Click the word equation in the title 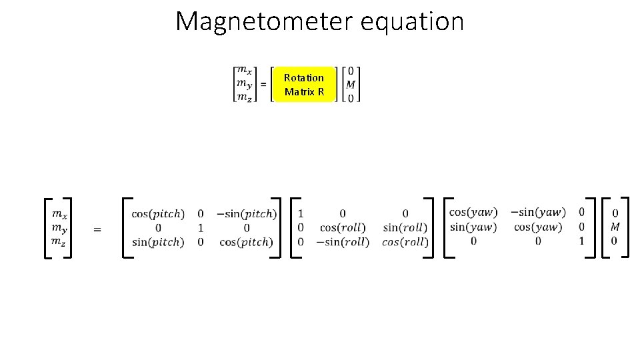(412, 21)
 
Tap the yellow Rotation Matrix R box (304, 85)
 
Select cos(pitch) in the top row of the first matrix (158, 214)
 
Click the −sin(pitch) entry (247, 214)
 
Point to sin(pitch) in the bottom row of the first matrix (158, 242)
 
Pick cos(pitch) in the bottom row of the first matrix (247, 242)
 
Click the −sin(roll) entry (343, 242)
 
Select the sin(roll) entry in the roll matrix (405, 228)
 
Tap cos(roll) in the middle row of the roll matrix (343, 228)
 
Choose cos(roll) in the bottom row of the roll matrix (405, 242)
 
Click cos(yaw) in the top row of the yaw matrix (473, 213)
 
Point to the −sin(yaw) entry (537, 213)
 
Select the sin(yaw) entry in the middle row (473, 227)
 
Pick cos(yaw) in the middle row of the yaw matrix (537, 227)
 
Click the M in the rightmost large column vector (615, 227)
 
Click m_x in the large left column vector (59, 214)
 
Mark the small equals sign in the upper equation (263, 85)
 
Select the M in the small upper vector (351, 85)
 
